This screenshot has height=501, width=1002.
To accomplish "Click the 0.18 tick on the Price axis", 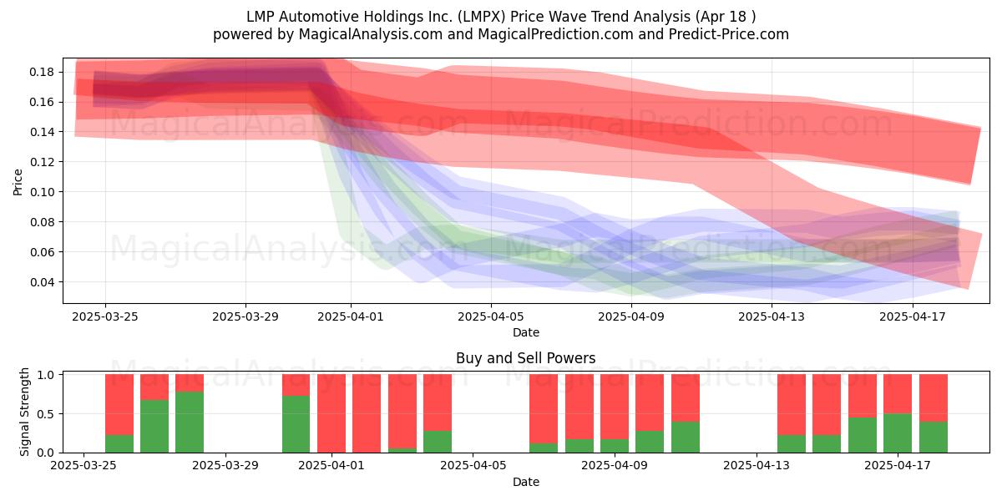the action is [x=42, y=72].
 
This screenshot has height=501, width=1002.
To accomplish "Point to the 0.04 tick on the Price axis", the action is [x=42, y=282].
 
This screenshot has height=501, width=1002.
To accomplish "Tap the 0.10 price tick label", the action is [x=42, y=192].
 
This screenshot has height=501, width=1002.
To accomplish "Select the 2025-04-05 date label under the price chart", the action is [x=491, y=316].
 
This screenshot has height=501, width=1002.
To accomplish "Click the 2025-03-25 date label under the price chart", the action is [x=105, y=316].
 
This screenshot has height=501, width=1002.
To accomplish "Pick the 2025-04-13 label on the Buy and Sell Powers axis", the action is [x=757, y=466].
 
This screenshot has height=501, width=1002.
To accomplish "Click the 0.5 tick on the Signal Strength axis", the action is [x=48, y=414].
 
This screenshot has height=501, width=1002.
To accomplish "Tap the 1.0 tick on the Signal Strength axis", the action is [x=48, y=375].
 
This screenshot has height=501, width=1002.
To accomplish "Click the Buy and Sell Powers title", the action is [x=525, y=358].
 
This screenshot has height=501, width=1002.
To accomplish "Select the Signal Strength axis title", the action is [x=24, y=412].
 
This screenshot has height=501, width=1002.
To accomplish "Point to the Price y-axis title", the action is [x=18, y=182].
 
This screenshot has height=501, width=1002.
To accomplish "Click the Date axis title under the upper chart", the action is [x=525, y=332].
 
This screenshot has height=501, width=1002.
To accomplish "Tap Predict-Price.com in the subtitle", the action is [x=729, y=34].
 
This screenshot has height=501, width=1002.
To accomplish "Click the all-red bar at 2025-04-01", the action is [x=331, y=413].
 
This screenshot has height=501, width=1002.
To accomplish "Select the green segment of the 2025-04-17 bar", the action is [x=898, y=433].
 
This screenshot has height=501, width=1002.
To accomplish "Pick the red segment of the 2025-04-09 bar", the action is [x=615, y=407].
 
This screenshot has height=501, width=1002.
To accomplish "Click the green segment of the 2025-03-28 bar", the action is [x=190, y=423].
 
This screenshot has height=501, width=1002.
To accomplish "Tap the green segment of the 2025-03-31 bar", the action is [x=296, y=424].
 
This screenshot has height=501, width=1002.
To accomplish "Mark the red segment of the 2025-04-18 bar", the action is [x=934, y=397].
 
